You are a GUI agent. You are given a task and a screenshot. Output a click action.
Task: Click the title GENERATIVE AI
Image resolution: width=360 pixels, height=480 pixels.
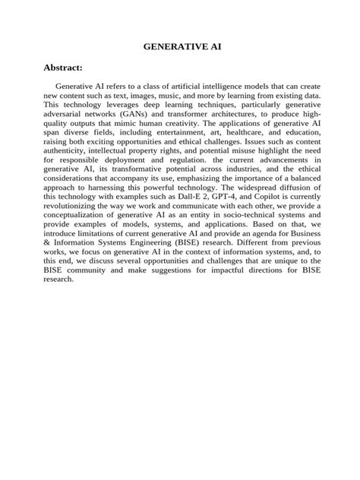coord(182,46)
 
